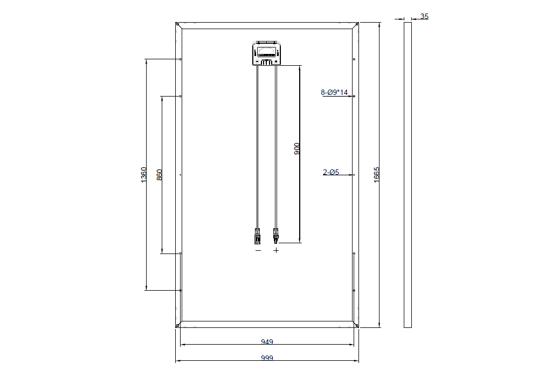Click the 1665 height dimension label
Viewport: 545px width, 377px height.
[376, 175]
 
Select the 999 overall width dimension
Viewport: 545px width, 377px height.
[267, 358]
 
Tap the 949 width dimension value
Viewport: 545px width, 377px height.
[267, 342]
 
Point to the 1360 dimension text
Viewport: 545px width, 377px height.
[143, 175]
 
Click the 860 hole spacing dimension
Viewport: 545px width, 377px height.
[160, 175]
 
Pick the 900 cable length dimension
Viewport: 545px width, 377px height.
[297, 148]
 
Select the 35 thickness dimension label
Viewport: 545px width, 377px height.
[424, 16]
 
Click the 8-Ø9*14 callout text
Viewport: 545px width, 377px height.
[334, 92]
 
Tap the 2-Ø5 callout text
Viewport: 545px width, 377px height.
[331, 172]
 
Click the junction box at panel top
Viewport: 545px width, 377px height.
[267, 53]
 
